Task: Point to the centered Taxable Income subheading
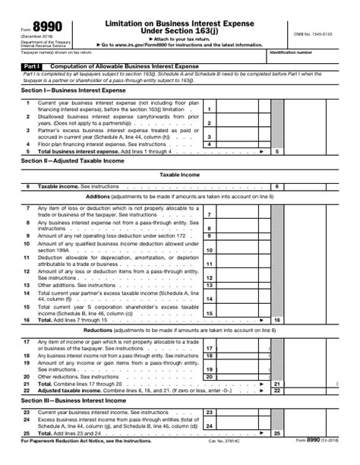179,175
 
